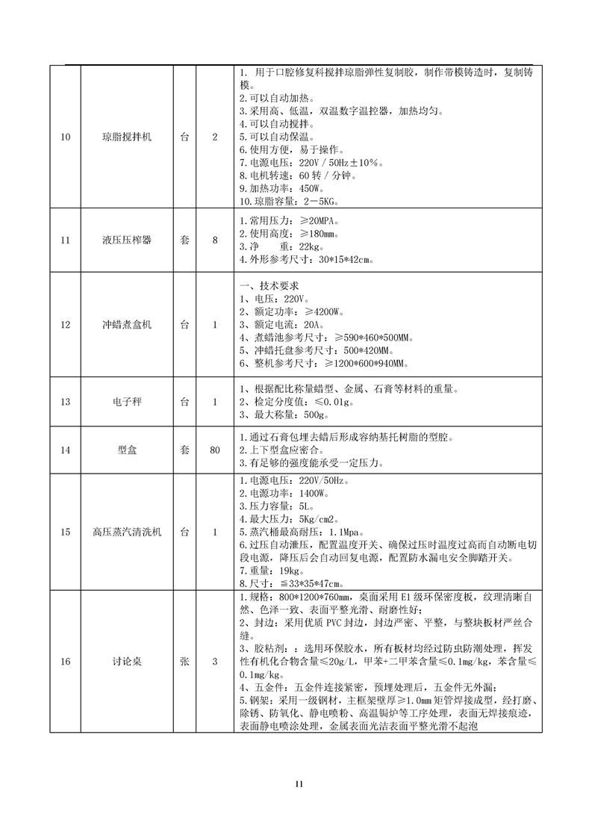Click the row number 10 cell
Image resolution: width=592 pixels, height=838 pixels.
click(65, 137)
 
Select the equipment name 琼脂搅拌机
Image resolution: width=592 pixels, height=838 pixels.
click(127, 137)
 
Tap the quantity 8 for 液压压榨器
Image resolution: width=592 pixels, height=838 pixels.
click(215, 240)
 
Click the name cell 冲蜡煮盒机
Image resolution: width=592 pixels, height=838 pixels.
click(127, 325)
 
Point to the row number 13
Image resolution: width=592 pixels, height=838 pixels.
click(65, 402)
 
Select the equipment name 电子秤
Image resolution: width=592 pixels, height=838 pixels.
click(127, 402)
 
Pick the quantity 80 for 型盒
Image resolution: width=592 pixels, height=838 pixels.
click(215, 450)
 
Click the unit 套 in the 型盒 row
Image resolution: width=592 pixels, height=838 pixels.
click(184, 450)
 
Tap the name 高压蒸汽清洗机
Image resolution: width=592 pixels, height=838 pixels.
click(127, 532)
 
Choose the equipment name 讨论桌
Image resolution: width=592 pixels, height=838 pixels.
click(127, 661)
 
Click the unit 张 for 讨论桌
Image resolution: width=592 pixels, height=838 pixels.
click(184, 661)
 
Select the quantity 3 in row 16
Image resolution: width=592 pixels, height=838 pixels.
click(215, 661)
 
